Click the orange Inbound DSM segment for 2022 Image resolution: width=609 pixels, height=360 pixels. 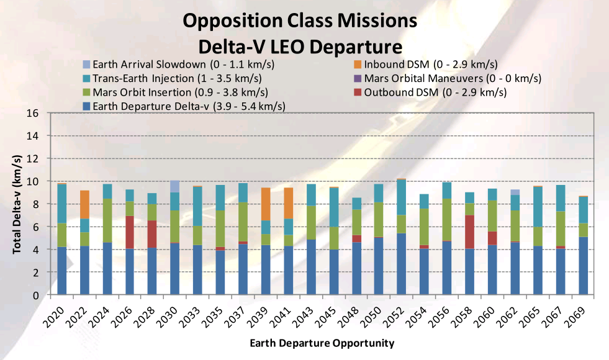click(x=84, y=204)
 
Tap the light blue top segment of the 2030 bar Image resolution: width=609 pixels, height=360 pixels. click(x=175, y=186)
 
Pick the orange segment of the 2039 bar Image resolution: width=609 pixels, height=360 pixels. click(x=266, y=204)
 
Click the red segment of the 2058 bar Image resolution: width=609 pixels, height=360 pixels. click(x=470, y=232)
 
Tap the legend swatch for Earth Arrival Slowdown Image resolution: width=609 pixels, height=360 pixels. click(x=86, y=65)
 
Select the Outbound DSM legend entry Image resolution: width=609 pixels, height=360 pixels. click(x=435, y=92)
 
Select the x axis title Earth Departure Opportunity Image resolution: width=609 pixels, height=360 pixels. click(x=322, y=343)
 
